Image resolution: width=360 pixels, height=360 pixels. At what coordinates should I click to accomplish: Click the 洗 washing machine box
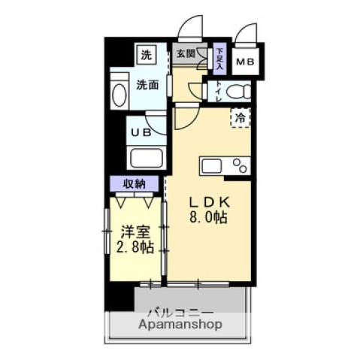pos(145,55)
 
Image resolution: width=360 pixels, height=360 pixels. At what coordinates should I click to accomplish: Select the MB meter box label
pos(245,62)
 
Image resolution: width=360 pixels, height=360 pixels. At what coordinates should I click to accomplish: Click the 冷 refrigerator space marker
pos(241,117)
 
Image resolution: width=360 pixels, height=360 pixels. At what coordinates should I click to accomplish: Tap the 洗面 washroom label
pos(147,85)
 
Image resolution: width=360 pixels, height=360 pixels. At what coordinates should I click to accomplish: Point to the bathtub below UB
pos(145,158)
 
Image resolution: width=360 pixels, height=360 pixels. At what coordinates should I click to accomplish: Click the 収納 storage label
pos(135,184)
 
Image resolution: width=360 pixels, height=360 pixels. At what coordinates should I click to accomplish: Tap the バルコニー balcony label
pos(180,312)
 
